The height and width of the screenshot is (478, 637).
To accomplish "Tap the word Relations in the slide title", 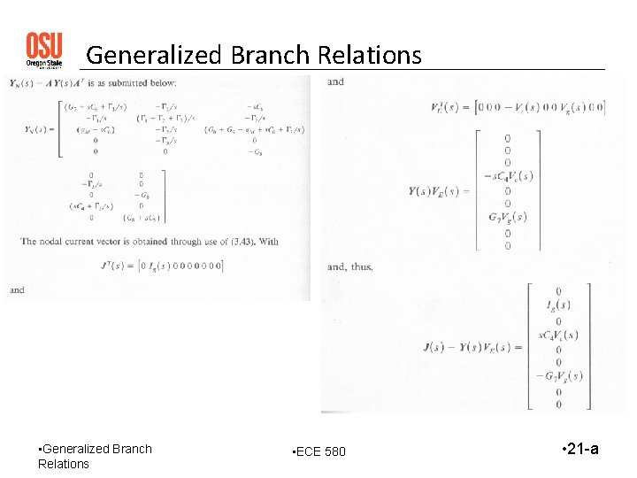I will (x=364, y=56).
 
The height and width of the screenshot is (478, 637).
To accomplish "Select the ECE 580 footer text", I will (x=320, y=452).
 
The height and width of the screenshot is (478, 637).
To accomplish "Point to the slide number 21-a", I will (x=580, y=449).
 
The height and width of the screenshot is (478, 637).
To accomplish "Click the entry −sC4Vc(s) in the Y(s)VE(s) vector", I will (x=507, y=176).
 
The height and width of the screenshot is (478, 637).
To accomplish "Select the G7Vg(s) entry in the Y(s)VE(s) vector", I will (x=507, y=218).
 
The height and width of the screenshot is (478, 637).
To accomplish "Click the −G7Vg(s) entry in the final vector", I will (x=558, y=376).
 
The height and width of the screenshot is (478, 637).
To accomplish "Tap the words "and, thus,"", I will (x=350, y=266).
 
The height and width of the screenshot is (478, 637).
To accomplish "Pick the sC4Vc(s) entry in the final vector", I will (x=557, y=334).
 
